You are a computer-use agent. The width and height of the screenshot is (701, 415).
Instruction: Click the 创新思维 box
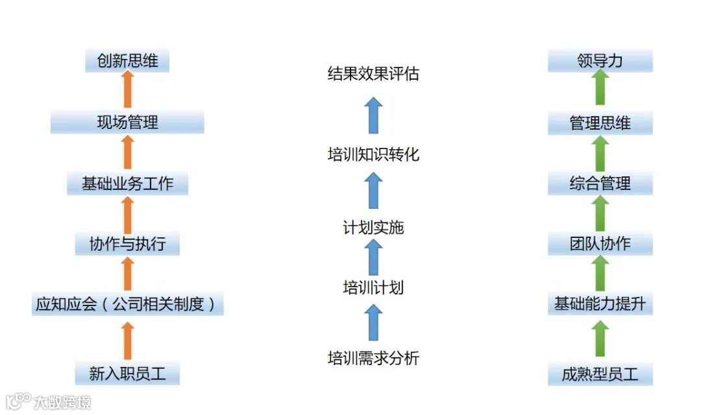point(127,62)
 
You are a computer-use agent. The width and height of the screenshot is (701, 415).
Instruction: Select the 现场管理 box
point(127,122)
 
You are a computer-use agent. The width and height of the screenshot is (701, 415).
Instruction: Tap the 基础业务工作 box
point(127,184)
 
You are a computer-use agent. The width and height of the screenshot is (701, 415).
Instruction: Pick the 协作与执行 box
point(127,244)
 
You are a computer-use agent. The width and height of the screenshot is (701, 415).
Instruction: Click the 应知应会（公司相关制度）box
point(127,303)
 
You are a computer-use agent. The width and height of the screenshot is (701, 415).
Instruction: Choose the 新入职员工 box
point(127,373)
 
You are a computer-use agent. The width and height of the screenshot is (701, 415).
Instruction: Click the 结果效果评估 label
point(373,74)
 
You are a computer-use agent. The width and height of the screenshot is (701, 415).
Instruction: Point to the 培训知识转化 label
point(373,155)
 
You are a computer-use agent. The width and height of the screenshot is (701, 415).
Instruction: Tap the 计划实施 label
point(373,228)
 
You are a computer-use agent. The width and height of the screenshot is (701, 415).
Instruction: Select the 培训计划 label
point(373,287)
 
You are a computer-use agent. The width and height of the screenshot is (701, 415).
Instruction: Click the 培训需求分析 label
point(373,358)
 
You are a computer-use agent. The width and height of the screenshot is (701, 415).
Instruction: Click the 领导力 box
point(600,62)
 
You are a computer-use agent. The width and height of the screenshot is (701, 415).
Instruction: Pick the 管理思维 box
point(600,123)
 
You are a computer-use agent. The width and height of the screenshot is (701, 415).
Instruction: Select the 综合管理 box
point(600,184)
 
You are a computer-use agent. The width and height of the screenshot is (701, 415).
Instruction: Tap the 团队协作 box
point(600,244)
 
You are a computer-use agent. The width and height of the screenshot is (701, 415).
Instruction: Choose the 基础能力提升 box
point(600,303)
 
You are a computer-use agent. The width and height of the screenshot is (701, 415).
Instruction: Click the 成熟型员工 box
point(600,374)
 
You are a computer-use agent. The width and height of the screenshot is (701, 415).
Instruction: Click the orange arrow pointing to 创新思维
point(128,90)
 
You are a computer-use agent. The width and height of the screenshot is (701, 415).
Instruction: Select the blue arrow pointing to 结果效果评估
point(373,115)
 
